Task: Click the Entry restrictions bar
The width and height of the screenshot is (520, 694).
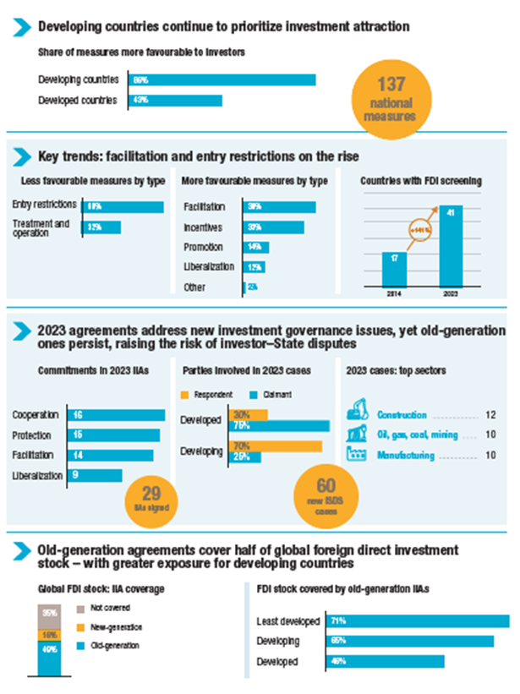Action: click(x=123, y=206)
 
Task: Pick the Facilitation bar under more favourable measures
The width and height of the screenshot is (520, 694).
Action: click(x=279, y=207)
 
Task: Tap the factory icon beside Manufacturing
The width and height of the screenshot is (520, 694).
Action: click(x=360, y=455)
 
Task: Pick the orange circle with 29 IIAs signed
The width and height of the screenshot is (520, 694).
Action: click(x=151, y=498)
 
